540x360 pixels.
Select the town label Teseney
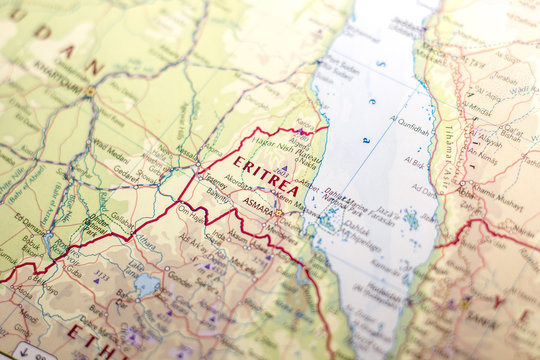tap(213, 181)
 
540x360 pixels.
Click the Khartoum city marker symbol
tap(89, 91)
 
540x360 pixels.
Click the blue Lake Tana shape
tap(147, 285)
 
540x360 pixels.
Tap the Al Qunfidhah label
tap(410, 129)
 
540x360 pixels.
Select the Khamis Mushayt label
tap(496, 200)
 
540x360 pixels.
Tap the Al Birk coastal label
tap(415, 160)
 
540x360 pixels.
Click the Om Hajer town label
tap(190, 210)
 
